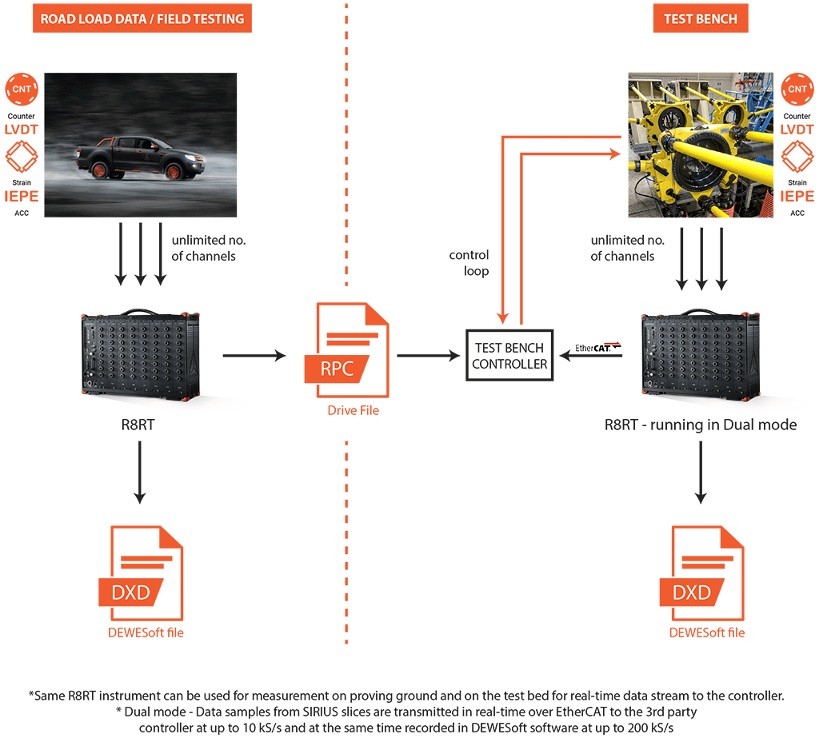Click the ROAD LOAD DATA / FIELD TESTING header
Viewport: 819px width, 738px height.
(x=142, y=19)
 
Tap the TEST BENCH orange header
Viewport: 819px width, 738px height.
(x=700, y=19)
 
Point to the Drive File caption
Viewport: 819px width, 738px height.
(x=353, y=410)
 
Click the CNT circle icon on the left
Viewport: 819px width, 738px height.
(x=22, y=89)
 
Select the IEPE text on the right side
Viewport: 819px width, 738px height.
(x=797, y=197)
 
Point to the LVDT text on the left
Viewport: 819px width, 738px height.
(x=22, y=130)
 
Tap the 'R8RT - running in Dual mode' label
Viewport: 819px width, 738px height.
(x=701, y=425)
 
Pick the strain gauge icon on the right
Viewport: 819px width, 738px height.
(x=797, y=157)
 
